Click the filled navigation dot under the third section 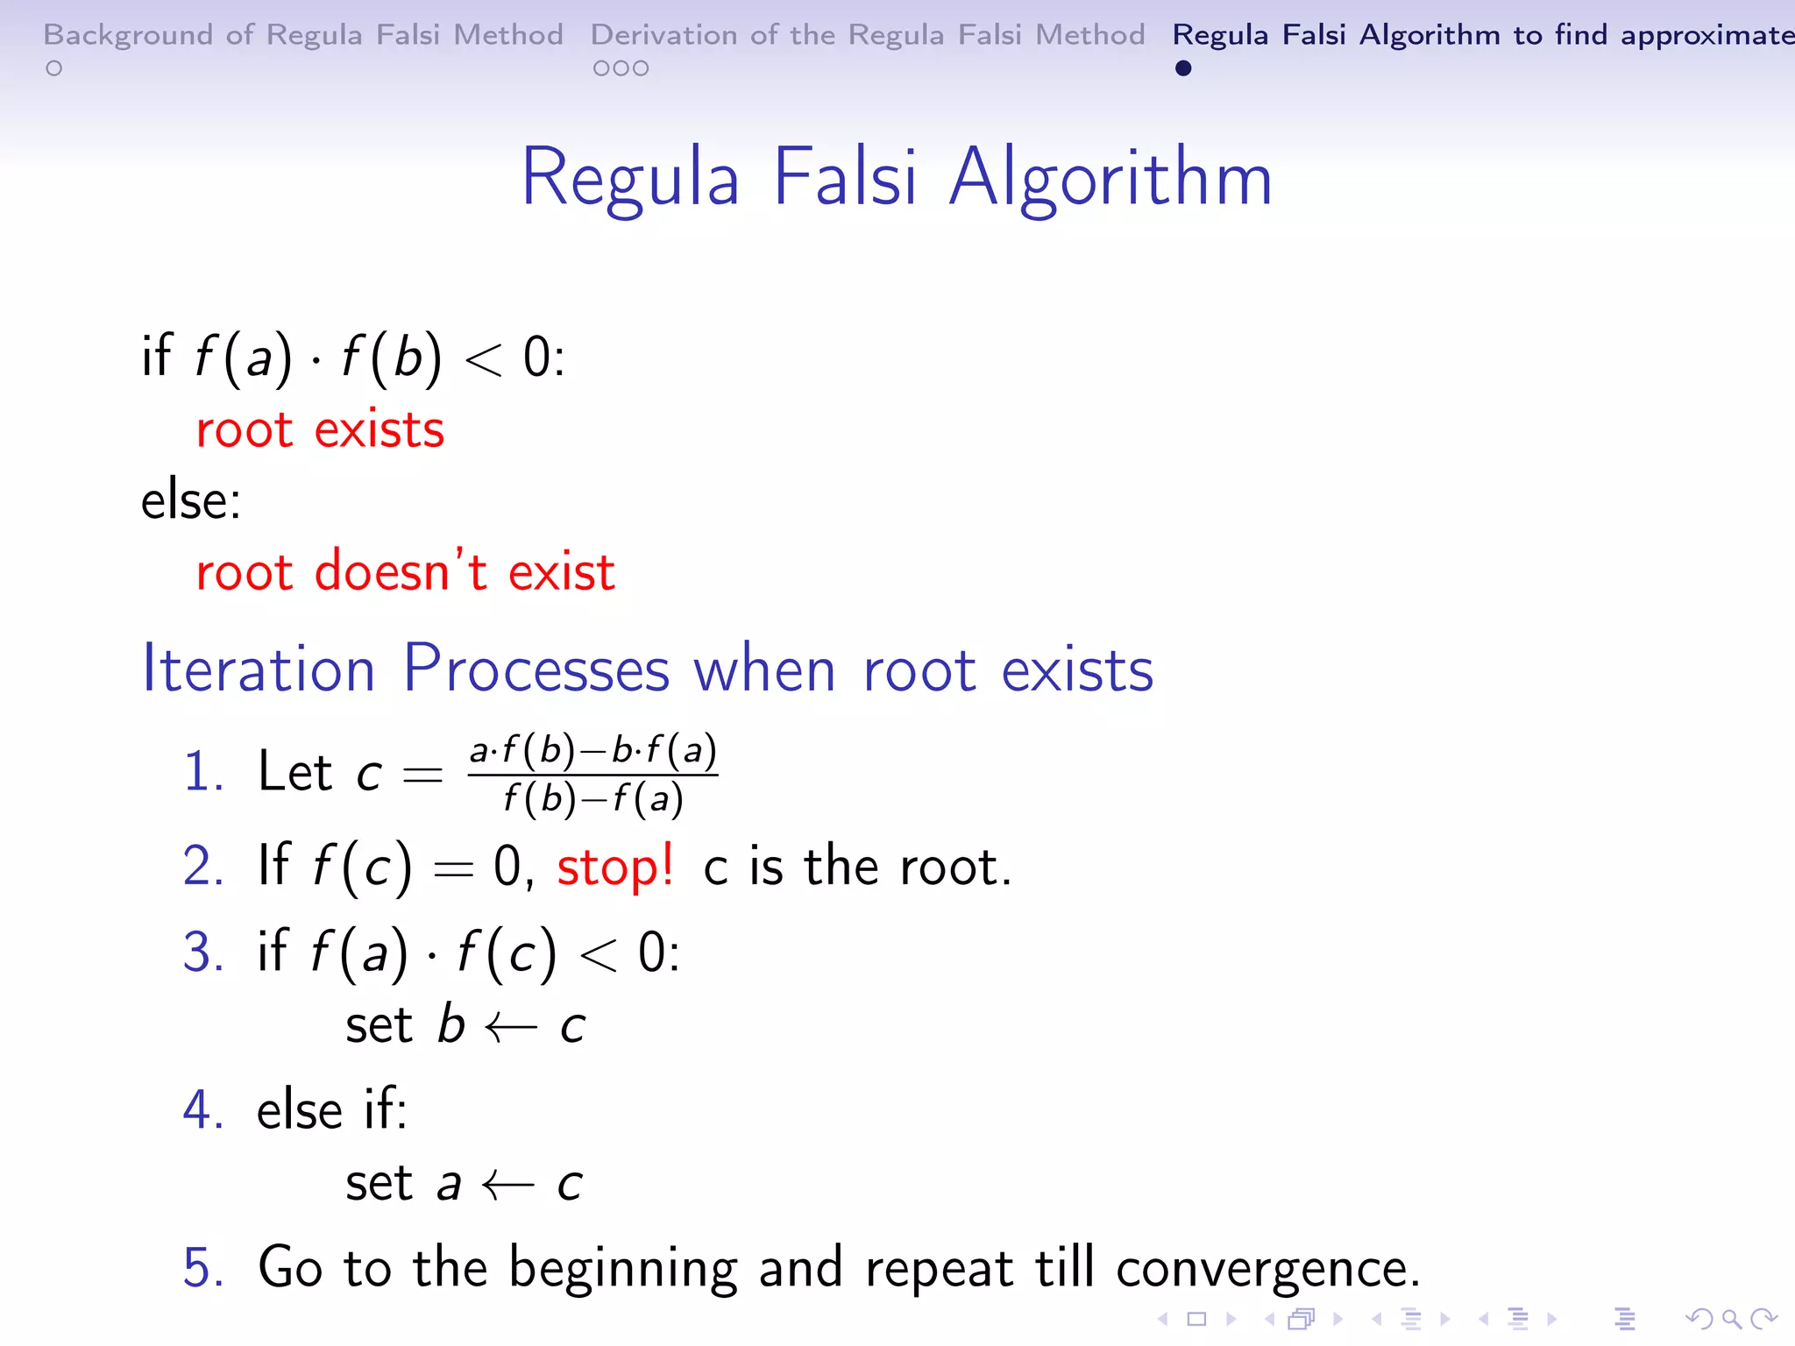coord(1183,68)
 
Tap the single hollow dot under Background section coord(54,68)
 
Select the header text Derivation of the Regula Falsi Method coord(867,35)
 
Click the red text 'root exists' coord(320,430)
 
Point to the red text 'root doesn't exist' coord(405,572)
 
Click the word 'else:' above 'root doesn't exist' coord(190,501)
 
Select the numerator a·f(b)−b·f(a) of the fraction coord(593,751)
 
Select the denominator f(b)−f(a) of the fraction coord(593,799)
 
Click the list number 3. coord(202,953)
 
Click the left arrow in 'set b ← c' coord(511,1027)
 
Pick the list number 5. coord(202,1268)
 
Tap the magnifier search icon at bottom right coord(1731,1319)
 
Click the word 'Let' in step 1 coord(294,773)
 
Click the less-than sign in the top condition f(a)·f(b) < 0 coord(483,359)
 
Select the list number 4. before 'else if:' coord(202,1111)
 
